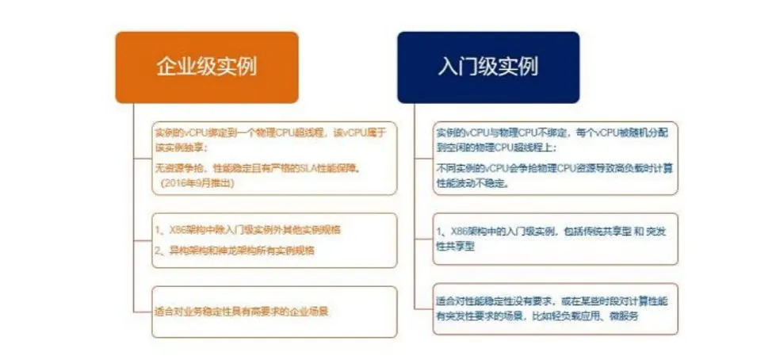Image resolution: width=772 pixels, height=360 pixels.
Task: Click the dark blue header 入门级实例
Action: pos(487,67)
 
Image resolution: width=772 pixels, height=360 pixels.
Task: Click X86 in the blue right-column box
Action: pos(457,231)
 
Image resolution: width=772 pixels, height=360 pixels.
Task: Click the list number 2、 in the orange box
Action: pos(159,251)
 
